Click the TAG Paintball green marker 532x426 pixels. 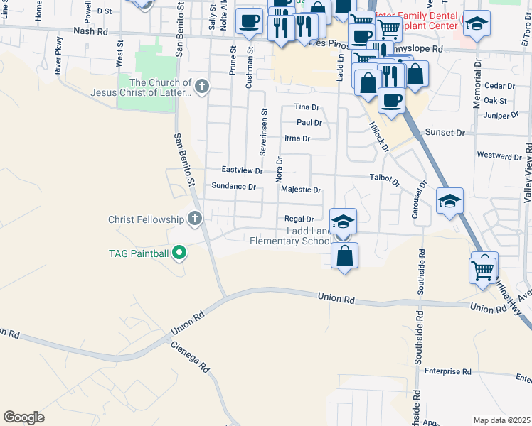[180, 251]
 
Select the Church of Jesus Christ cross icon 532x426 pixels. [202, 87]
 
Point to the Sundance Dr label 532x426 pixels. [233, 186]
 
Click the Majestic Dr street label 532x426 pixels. [301, 190]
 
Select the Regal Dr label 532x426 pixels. [299, 219]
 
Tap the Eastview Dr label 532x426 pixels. [242, 170]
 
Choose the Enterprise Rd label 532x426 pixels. [448, 371]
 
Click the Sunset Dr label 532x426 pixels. [445, 133]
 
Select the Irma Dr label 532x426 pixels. [297, 138]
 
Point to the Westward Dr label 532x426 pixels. [499, 155]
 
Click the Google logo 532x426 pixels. [23, 417]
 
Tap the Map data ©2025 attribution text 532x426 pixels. [501, 420]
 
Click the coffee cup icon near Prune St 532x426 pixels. [249, 22]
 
